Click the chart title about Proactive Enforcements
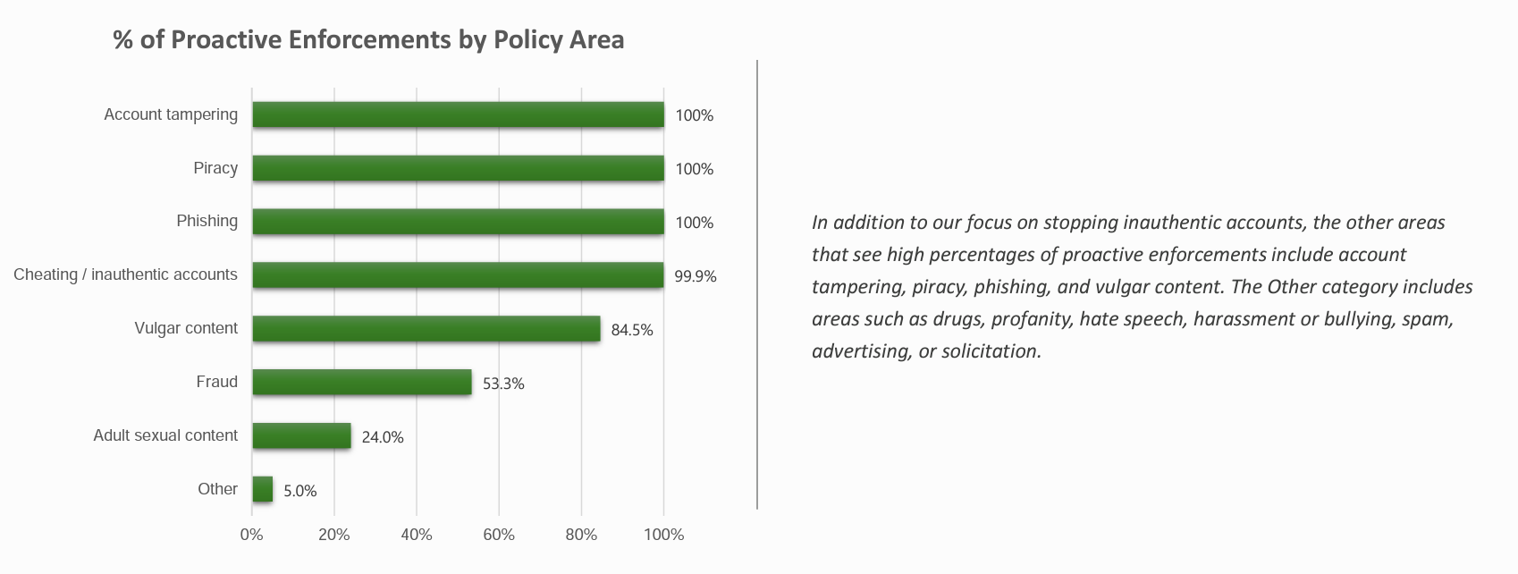click(x=368, y=40)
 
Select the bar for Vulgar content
click(x=426, y=329)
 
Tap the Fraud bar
click(x=361, y=383)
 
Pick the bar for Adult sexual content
click(x=301, y=436)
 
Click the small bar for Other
click(x=263, y=489)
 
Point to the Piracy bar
click(x=458, y=168)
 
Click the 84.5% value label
click(x=632, y=330)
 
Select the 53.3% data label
click(x=503, y=384)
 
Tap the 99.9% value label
click(x=696, y=276)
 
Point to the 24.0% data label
click(x=383, y=437)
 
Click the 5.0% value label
click(x=300, y=491)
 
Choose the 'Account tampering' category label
click(x=171, y=114)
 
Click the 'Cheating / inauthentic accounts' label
click(x=125, y=274)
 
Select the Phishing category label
click(x=207, y=221)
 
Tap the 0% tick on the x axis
click(x=251, y=535)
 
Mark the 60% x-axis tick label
click(x=499, y=535)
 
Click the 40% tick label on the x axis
click(x=417, y=535)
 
